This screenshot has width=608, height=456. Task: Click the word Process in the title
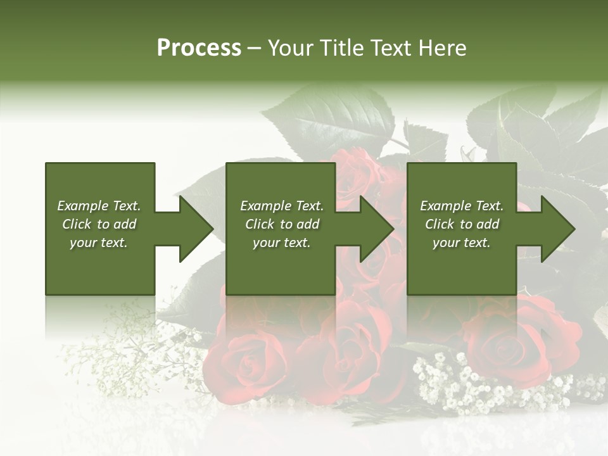199,48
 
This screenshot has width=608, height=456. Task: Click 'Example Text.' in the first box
99,206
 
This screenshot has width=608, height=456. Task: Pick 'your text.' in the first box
99,243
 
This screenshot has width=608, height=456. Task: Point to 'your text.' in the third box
462,243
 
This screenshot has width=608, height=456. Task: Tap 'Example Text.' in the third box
462,206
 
